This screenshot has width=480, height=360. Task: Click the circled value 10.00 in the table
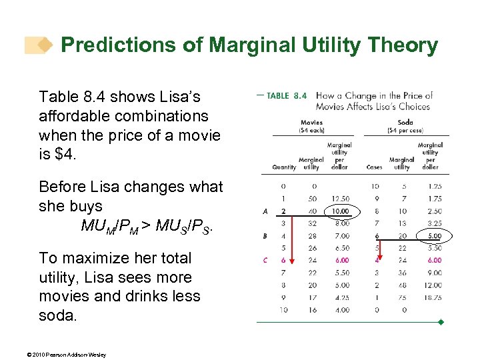pos(341,211)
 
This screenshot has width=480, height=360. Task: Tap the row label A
pos(265,211)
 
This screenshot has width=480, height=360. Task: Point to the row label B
pos(265,236)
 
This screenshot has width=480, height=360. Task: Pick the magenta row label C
pos(265,261)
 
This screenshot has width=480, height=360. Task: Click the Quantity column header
pos(284,167)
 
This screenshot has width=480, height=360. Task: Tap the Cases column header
pos(375,167)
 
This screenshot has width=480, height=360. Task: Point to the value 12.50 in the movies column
pos(341,199)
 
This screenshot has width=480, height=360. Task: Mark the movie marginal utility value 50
pos(311,199)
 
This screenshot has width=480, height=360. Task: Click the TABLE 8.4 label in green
pos(287,96)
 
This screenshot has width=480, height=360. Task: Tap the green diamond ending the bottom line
pos(441,323)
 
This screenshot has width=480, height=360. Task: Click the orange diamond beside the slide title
pos(44,45)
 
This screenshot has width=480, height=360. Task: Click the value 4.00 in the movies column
pos(341,310)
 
